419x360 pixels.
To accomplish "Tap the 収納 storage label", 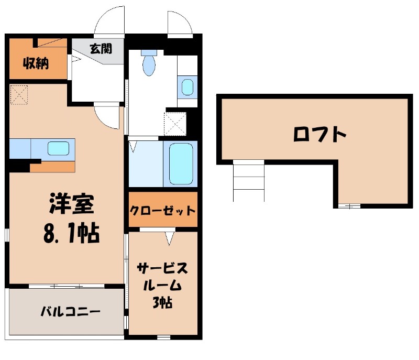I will point(35,64).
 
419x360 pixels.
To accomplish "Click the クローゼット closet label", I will point(163,211).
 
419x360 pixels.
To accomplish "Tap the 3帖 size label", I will point(163,302).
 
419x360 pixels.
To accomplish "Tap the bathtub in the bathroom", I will point(181,163).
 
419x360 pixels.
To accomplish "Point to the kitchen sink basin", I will point(58,148).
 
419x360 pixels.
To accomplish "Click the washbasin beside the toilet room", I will point(187,86).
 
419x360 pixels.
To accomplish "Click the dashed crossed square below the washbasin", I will point(175,123).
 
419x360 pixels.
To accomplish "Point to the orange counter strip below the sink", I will point(52,167).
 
